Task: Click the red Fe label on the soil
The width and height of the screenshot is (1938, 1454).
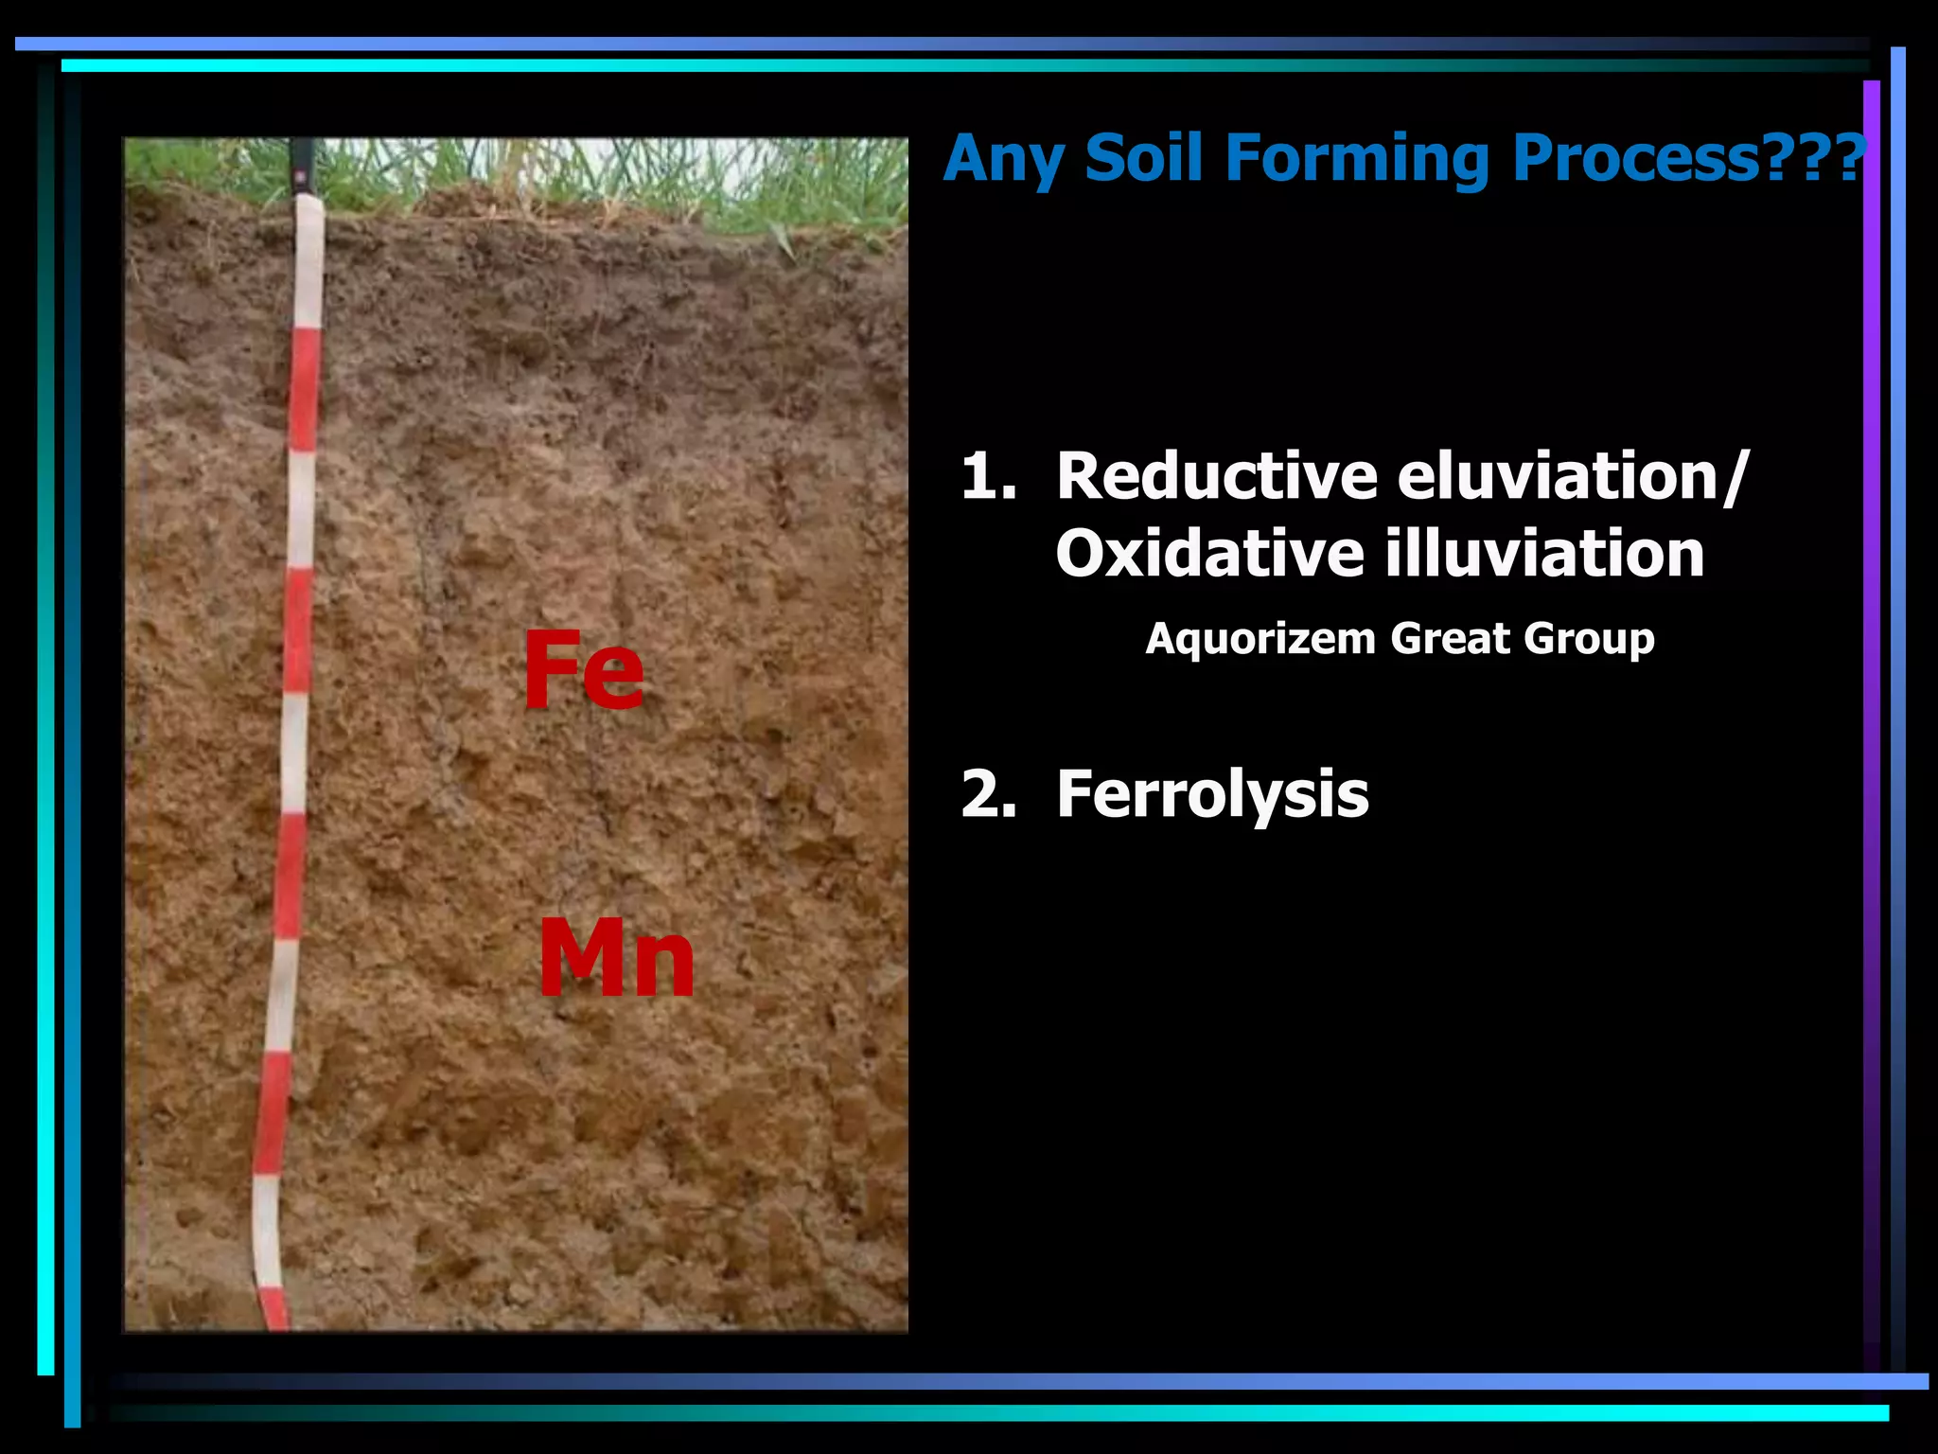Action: click(x=584, y=670)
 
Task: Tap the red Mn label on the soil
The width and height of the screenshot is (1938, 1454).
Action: click(x=616, y=959)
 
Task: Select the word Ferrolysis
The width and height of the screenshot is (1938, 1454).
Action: click(x=1212, y=795)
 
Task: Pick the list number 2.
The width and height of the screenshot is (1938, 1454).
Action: click(x=988, y=794)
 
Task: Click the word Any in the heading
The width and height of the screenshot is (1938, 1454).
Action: click(x=1003, y=159)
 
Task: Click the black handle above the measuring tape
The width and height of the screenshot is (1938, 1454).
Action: click(x=303, y=167)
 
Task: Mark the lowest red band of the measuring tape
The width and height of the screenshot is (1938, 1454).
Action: click(x=274, y=1307)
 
